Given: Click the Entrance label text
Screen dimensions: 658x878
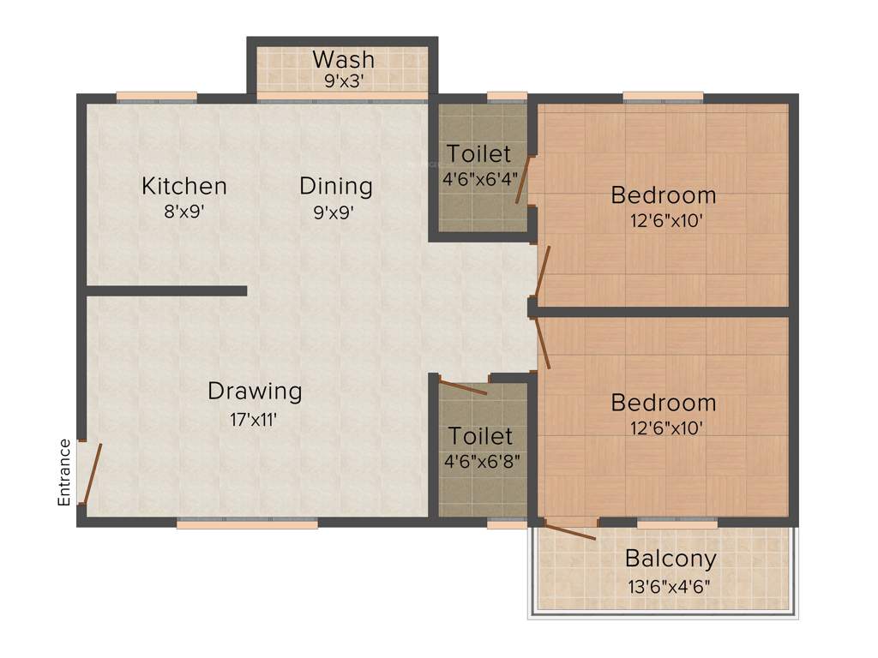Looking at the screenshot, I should tap(64, 472).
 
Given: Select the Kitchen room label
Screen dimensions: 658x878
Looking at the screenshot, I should tap(184, 185).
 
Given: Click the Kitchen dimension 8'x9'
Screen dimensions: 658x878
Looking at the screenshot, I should tap(185, 211).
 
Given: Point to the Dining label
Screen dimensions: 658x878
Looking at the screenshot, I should tap(336, 185).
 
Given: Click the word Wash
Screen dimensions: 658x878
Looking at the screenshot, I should tap(343, 59).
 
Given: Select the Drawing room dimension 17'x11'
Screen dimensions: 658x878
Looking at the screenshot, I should tap(255, 420).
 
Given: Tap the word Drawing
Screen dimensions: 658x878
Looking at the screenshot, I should tap(255, 392).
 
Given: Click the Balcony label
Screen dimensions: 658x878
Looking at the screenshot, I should tap(671, 559).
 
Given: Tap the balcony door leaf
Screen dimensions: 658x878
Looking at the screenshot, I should tap(569, 531).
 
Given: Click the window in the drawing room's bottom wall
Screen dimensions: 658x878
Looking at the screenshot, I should tap(247, 523).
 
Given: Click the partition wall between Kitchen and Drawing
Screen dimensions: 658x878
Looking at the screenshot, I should tap(166, 291).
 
